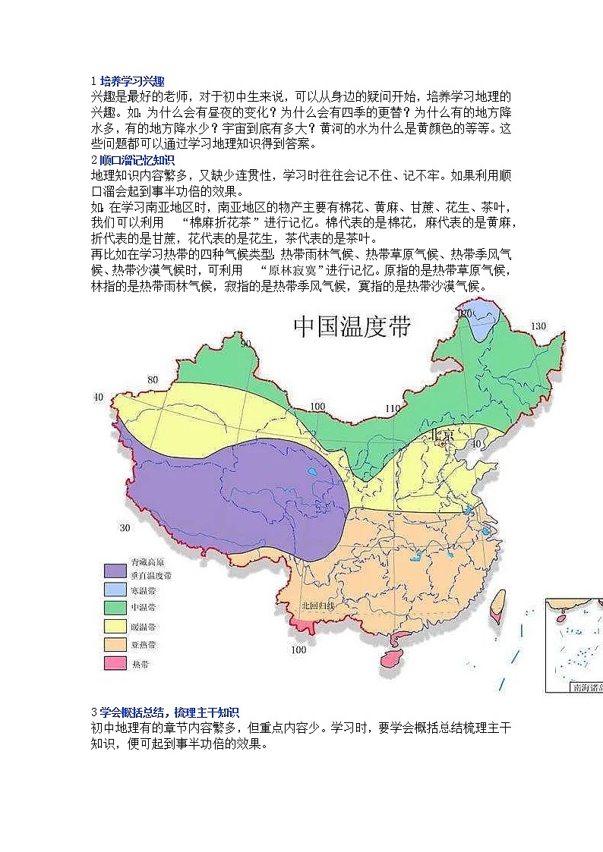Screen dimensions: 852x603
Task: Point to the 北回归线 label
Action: (x=316, y=605)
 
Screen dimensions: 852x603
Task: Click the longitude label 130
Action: (x=538, y=326)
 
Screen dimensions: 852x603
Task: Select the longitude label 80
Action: (x=153, y=379)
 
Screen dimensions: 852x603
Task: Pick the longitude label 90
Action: (x=245, y=344)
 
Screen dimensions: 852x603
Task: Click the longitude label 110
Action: (x=392, y=409)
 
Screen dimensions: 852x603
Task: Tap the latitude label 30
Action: (x=125, y=527)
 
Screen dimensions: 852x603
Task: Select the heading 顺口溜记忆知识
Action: (x=137, y=160)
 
